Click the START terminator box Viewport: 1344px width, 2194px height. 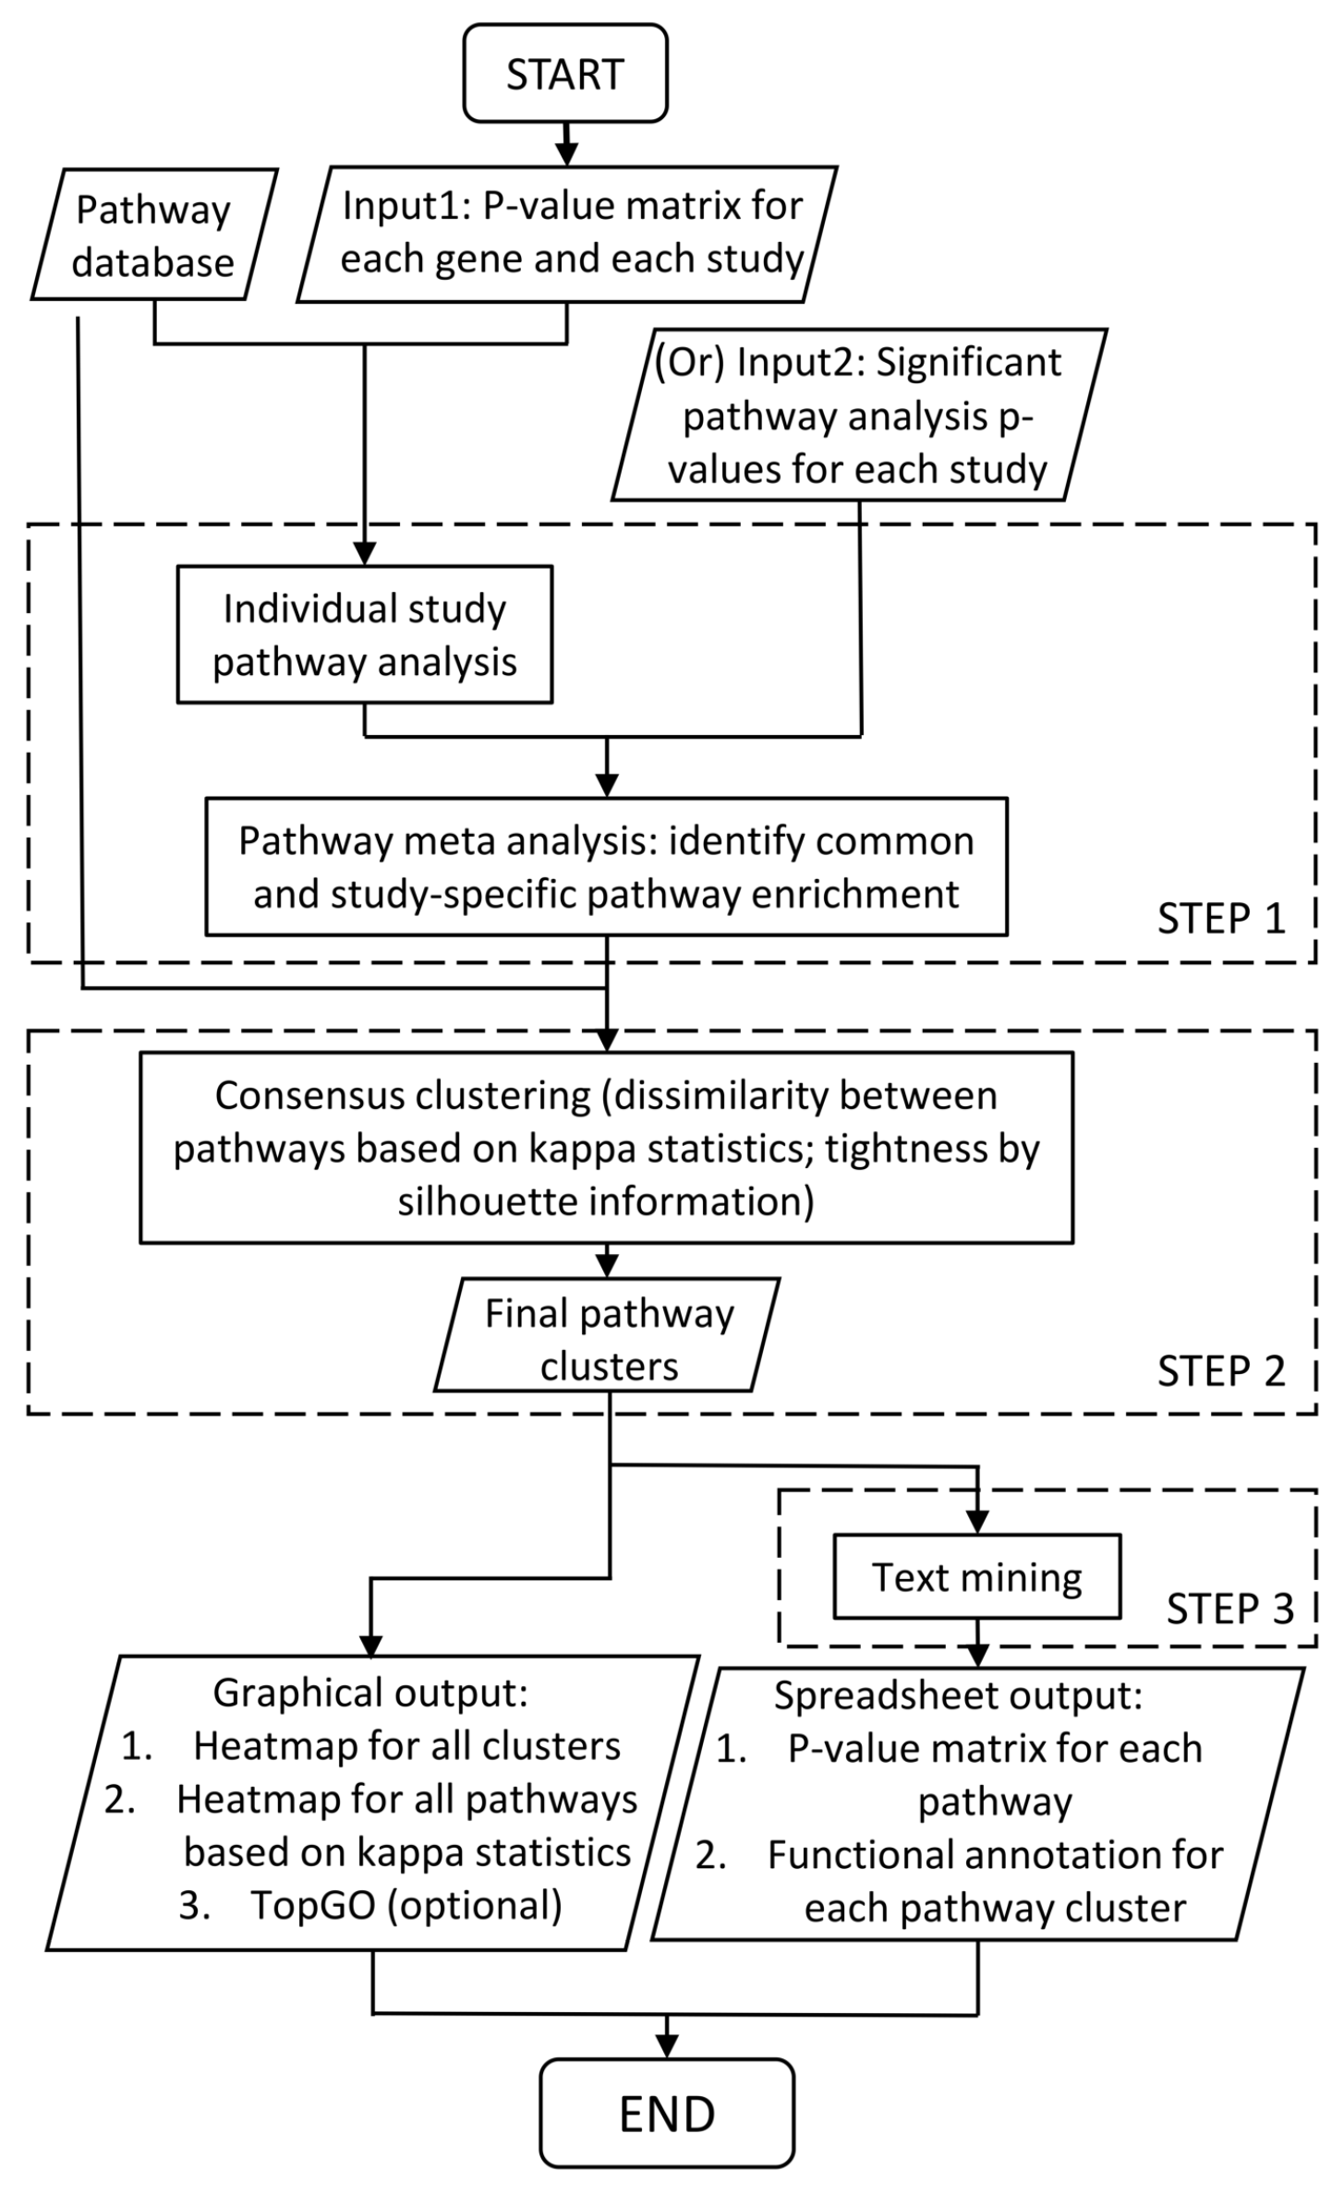point(565,74)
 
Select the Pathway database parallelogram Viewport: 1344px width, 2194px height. point(153,235)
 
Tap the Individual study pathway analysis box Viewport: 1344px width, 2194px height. point(365,635)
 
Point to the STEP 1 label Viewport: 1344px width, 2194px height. point(1221,919)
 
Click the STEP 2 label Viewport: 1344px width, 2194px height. point(1221,1371)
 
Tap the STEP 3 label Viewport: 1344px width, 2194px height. point(1229,1609)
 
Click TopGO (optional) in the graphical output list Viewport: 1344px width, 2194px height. point(406,1905)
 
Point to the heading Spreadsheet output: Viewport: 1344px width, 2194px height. point(958,1695)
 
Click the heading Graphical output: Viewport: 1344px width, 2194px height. point(370,1692)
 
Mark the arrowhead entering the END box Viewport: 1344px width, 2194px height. point(667,2045)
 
